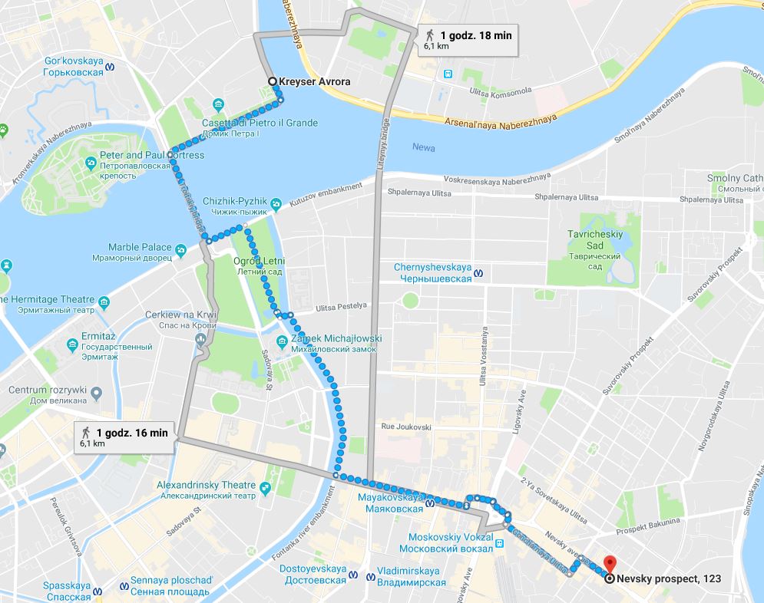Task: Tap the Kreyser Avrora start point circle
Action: [272, 81]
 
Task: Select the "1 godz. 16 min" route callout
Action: [126, 437]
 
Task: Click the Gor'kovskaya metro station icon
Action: [112, 66]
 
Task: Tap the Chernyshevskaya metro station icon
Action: [480, 272]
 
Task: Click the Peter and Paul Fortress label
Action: [152, 155]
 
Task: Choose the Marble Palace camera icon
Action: [180, 249]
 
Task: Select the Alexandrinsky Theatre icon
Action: [265, 487]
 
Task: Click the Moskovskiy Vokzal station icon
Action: [499, 544]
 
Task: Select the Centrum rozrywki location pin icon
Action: [96, 393]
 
